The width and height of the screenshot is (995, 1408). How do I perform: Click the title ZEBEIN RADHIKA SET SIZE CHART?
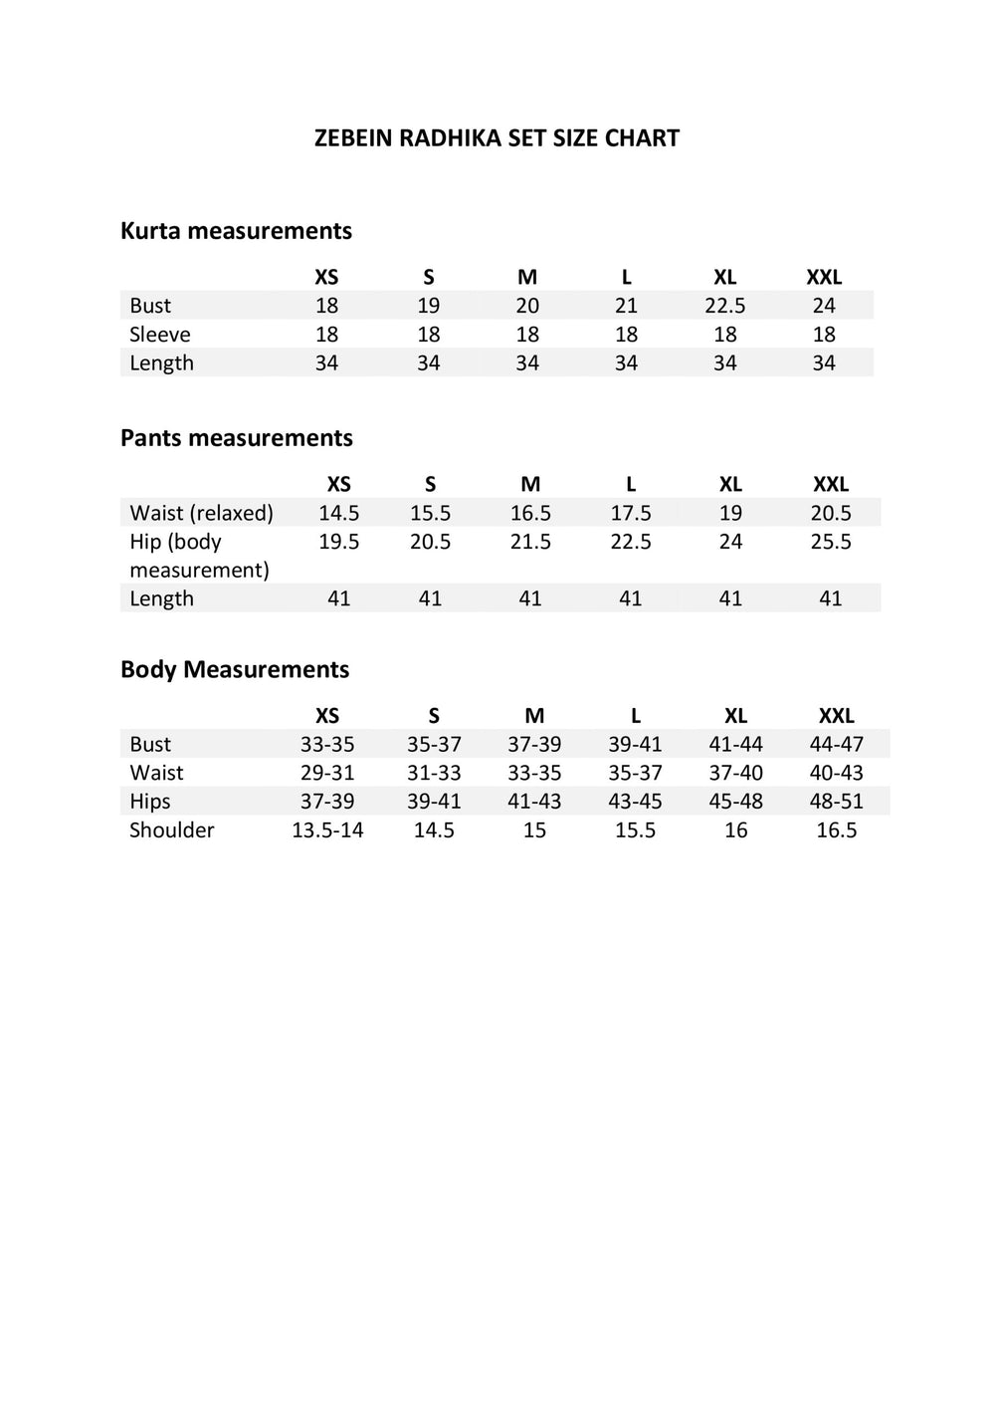(x=497, y=138)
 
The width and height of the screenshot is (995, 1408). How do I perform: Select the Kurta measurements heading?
(x=236, y=231)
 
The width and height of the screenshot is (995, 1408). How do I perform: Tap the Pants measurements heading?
(x=236, y=438)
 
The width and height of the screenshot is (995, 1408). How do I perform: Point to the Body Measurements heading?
(x=235, y=669)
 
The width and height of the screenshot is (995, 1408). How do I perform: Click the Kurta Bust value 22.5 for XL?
(x=724, y=306)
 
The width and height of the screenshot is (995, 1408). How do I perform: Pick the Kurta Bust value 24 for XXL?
(x=824, y=306)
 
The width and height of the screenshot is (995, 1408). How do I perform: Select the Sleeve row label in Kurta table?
(x=159, y=335)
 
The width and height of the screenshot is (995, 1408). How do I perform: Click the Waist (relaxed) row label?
(x=201, y=513)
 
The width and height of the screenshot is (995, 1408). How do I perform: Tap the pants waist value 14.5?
(x=338, y=513)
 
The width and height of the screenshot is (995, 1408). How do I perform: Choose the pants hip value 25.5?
(x=830, y=542)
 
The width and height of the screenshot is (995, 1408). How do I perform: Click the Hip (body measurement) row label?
(x=199, y=556)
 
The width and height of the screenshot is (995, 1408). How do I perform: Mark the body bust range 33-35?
(x=327, y=744)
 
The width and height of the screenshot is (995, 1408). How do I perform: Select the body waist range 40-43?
(x=836, y=773)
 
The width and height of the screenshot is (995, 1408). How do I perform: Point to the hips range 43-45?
(x=635, y=802)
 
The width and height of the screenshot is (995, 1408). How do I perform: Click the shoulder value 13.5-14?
(x=327, y=830)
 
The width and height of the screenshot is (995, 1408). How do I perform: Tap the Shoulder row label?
(x=171, y=830)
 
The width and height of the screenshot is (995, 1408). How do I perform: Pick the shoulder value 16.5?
(x=836, y=830)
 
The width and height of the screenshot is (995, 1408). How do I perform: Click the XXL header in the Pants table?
(x=831, y=484)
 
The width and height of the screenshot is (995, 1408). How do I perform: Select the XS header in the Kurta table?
(x=326, y=277)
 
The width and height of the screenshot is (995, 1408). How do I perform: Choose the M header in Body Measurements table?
(x=534, y=716)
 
